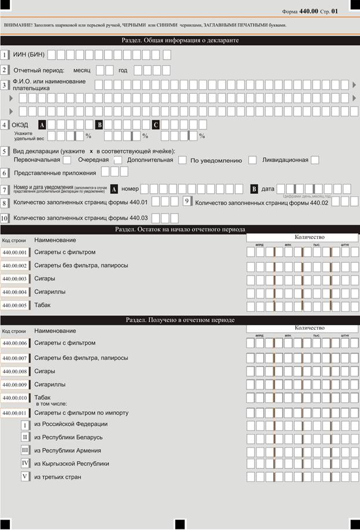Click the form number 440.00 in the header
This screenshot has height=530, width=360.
(x=308, y=10)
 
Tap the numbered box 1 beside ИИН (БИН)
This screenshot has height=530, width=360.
(x=5, y=55)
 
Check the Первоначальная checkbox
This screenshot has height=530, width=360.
(x=67, y=160)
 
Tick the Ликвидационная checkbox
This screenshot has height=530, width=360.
(x=315, y=160)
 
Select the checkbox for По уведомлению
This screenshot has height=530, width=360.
(x=252, y=160)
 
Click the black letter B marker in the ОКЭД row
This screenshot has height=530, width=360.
(x=99, y=124)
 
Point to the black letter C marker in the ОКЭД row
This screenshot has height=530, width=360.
(x=156, y=124)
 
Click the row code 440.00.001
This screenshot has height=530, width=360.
(x=14, y=252)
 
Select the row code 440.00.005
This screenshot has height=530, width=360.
(x=14, y=306)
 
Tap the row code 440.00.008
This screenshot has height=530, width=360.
(x=14, y=371)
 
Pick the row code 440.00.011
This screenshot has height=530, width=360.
(x=14, y=413)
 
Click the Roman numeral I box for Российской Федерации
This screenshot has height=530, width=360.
(x=25, y=425)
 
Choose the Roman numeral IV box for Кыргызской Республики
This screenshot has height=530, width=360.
(x=25, y=463)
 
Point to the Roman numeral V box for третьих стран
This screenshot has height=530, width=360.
(x=25, y=477)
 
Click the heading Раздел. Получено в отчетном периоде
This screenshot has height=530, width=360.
(x=180, y=319)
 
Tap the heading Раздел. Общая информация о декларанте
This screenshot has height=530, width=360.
(x=180, y=41)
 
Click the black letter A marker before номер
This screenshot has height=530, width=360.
(x=115, y=189)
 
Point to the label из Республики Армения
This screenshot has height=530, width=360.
(x=68, y=451)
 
